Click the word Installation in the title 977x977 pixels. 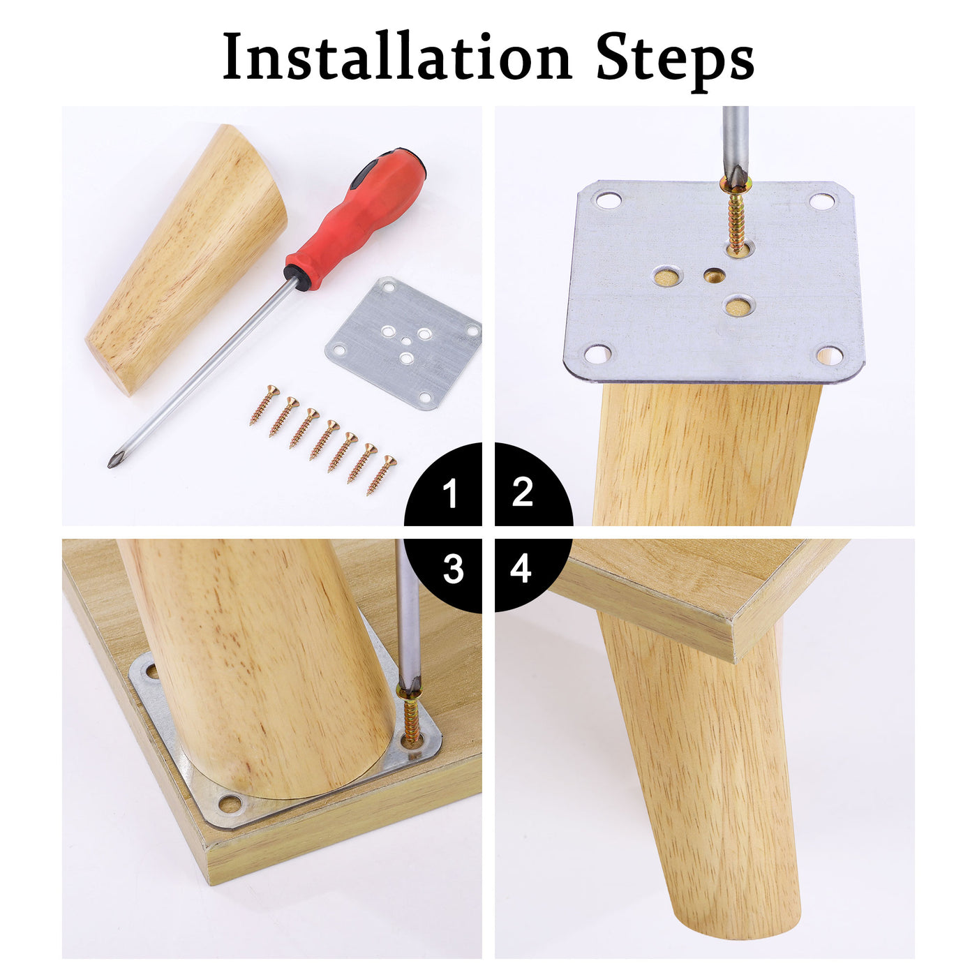click(397, 56)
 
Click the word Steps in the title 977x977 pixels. click(675, 61)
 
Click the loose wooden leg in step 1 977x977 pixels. click(186, 259)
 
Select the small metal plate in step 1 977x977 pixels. click(403, 343)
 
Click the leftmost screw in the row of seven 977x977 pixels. click(264, 404)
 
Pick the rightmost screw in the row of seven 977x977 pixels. click(381, 475)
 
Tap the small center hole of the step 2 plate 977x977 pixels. click(714, 276)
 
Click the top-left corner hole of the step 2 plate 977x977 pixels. click(609, 200)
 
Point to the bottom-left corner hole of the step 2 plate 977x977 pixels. click(598, 353)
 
